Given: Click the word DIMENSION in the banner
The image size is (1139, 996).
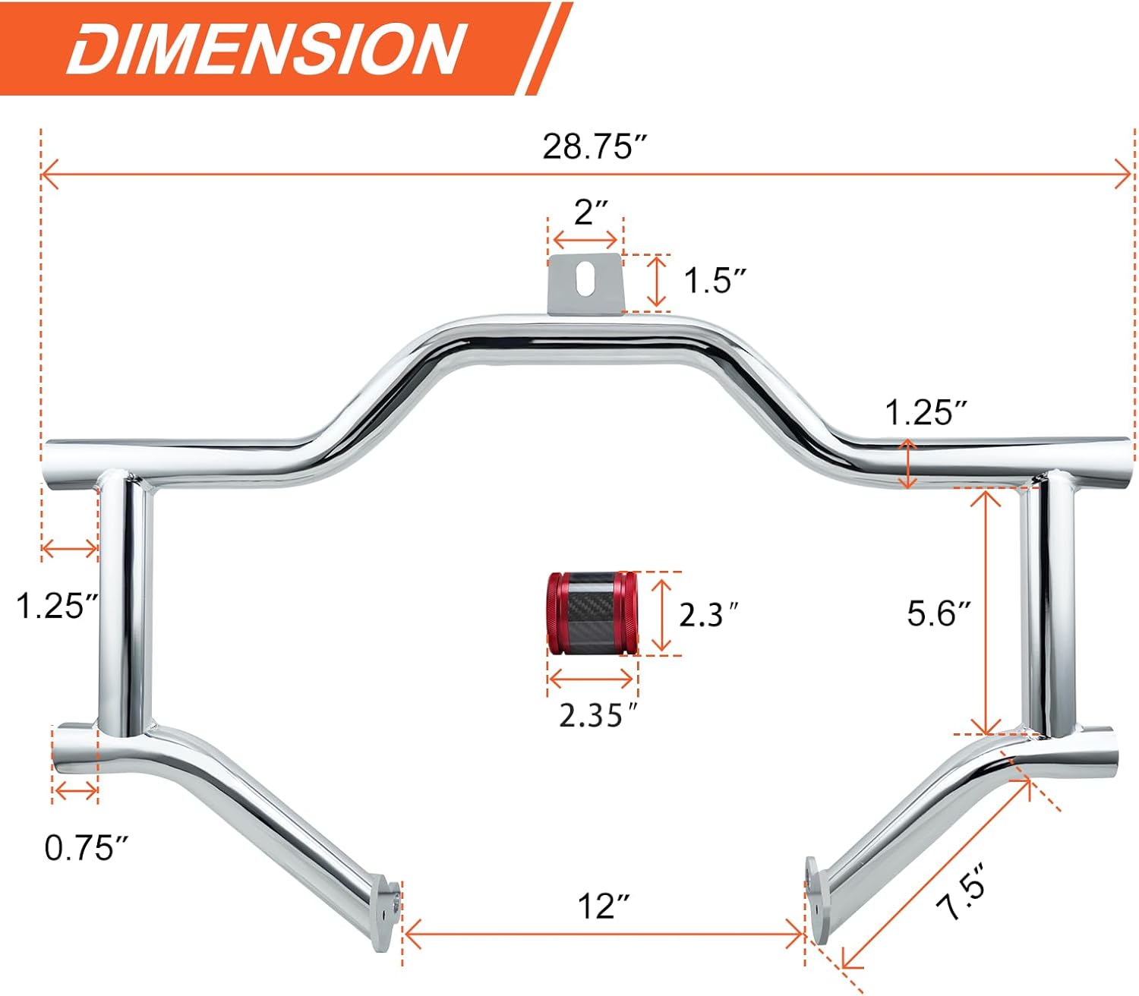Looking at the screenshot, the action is (266, 49).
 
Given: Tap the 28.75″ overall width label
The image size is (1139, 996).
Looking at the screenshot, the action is (595, 147).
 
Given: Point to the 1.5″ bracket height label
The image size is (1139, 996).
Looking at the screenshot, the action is (715, 280).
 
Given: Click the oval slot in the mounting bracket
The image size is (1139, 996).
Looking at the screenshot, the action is (585, 278).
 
